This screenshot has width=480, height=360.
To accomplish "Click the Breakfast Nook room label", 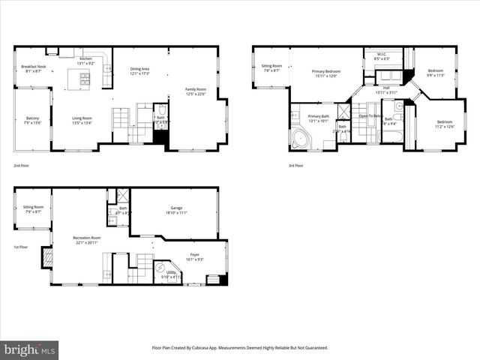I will point(34,68).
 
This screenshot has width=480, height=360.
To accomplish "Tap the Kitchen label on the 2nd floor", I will point(85,60).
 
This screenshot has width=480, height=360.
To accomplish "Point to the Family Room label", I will point(196,91).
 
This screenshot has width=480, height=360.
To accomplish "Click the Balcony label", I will point(33,119).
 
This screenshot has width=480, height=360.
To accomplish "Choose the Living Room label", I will point(82,119).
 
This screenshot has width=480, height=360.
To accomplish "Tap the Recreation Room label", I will point(88,241).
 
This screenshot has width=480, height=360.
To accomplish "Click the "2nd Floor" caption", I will point(22,165).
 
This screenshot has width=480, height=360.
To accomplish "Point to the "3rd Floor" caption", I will point(296,165).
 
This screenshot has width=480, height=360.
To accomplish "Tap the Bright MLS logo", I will point(30,349).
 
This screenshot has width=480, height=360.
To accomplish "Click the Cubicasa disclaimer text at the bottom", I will point(240,348).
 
